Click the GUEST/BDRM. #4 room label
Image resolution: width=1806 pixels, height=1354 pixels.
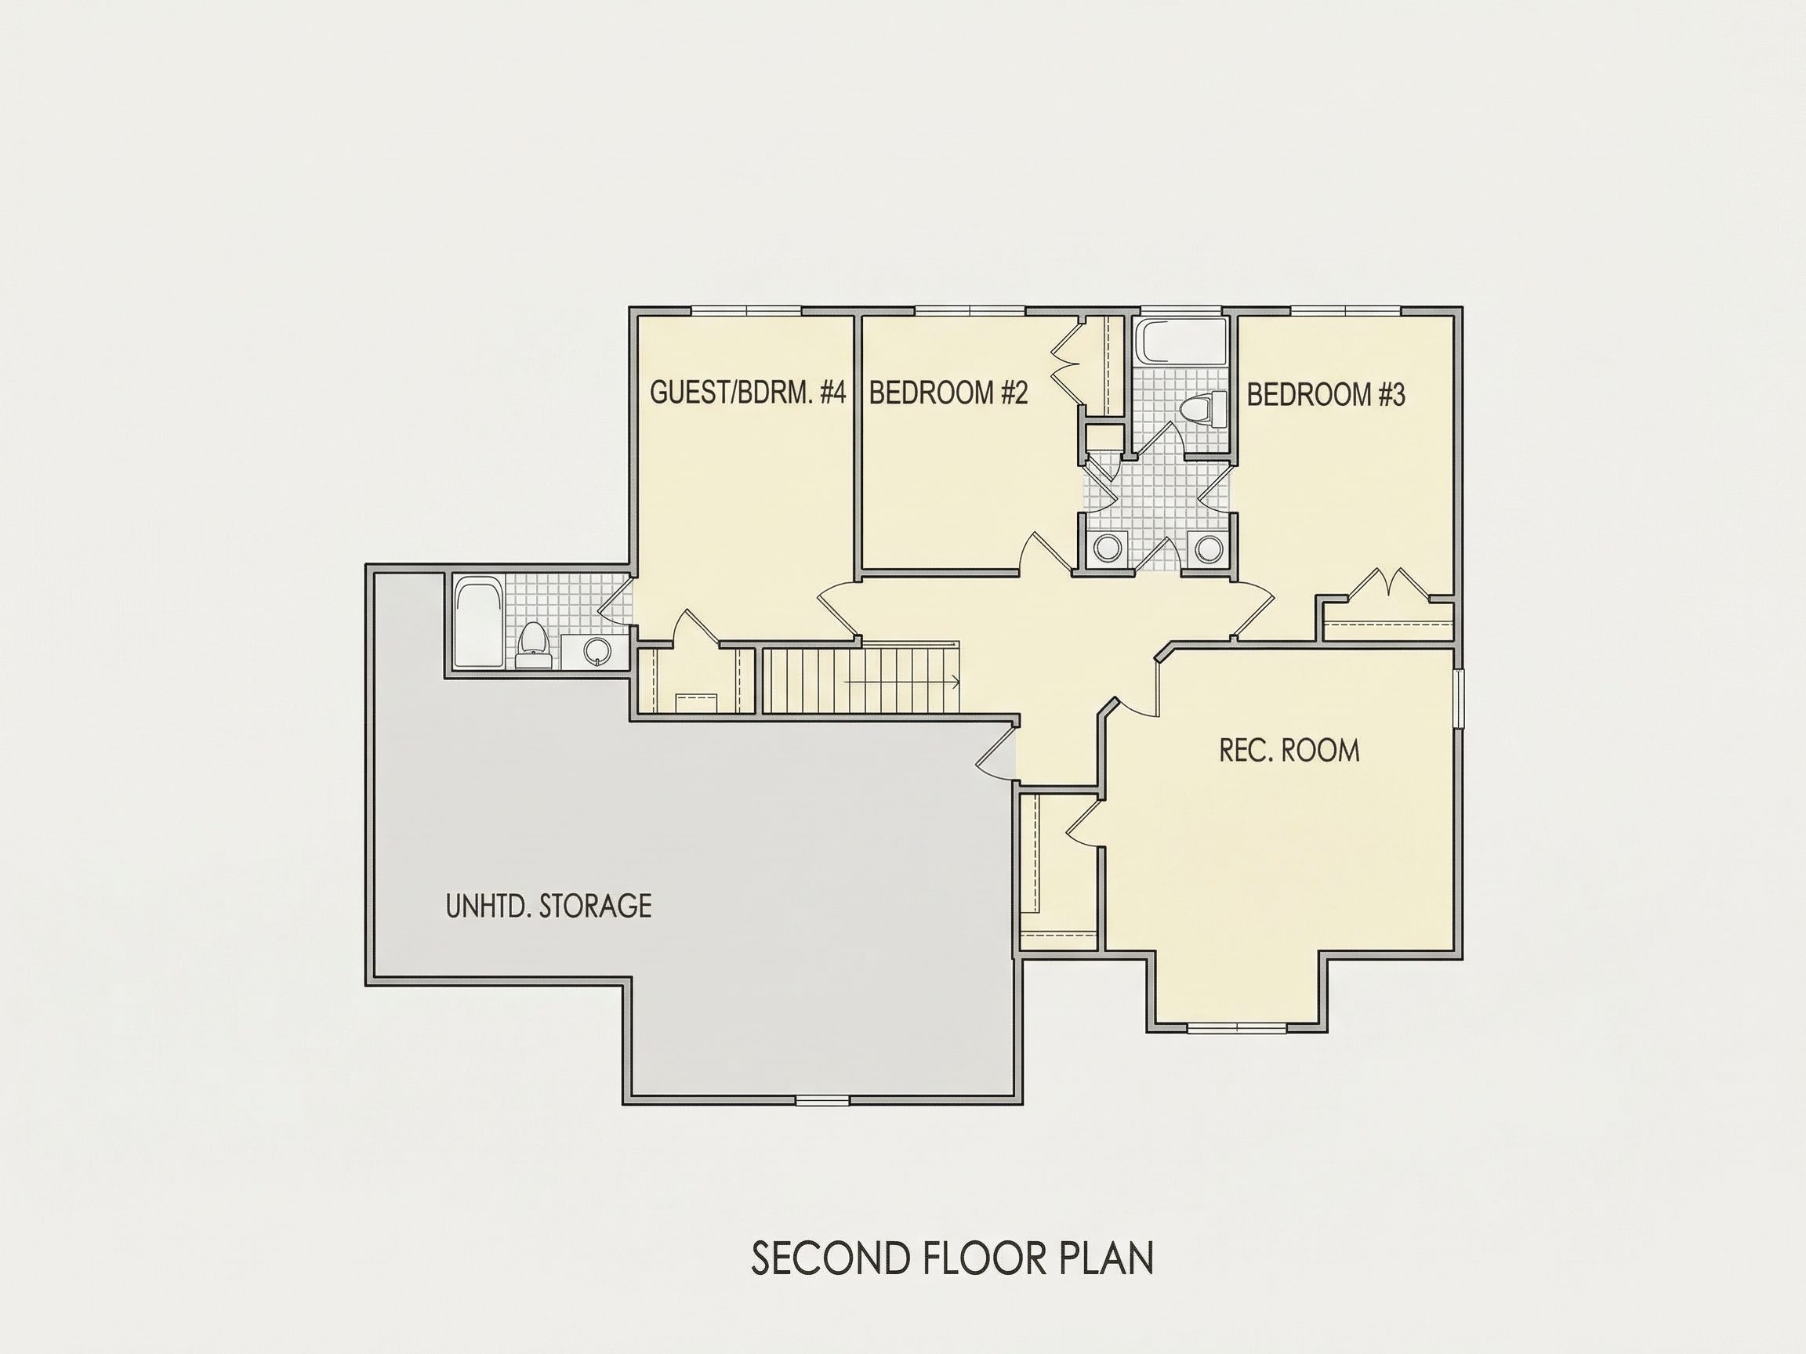coord(748,393)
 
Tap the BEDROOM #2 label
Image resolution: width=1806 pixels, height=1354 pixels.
coord(948,393)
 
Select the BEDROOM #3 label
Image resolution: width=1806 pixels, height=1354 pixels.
coord(1326,395)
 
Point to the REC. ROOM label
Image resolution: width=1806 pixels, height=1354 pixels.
coord(1289,751)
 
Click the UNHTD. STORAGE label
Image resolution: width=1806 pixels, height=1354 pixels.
coord(549,906)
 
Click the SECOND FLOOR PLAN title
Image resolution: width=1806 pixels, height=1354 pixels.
coord(952,1258)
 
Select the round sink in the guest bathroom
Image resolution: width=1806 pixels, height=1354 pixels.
coord(597,650)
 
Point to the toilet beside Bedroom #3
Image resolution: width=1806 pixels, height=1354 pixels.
coord(1205,409)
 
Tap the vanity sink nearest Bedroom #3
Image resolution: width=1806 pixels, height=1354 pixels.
coord(1206,548)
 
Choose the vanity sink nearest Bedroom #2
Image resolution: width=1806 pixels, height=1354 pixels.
coord(1108,548)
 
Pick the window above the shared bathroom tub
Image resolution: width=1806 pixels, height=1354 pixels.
coord(1180,311)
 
